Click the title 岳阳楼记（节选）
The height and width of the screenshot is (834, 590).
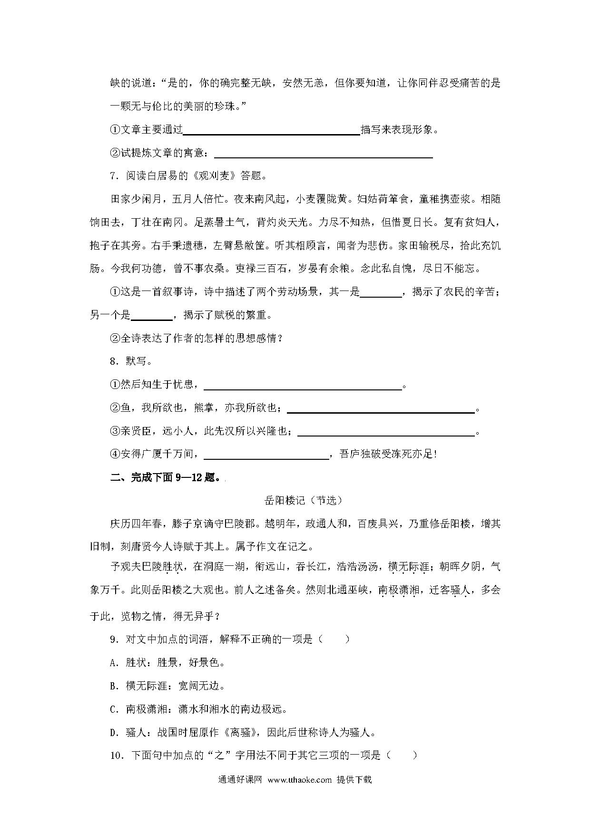pos(303,500)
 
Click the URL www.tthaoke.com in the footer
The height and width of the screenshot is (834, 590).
pos(299,779)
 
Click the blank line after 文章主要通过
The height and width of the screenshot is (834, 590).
pos(272,130)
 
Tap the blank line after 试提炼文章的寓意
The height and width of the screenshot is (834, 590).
pos(324,154)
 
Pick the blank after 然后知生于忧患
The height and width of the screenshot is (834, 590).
pos(303,385)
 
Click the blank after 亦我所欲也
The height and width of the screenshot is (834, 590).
pos(381,408)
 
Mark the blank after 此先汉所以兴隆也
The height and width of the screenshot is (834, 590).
pos(386,432)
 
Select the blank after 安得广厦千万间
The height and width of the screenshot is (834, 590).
pos(266,455)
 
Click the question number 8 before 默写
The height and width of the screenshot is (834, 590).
pos(113,361)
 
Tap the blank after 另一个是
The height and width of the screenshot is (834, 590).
pos(151,316)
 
